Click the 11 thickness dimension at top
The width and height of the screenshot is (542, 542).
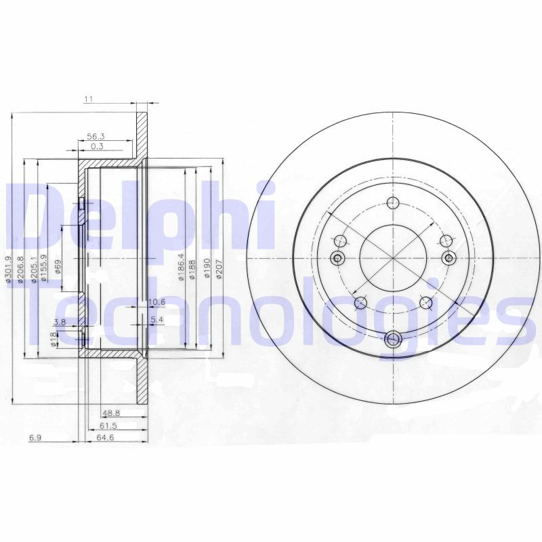coord(88,99)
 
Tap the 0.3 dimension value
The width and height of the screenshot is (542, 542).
coord(97,146)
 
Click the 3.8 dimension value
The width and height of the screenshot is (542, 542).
coord(60,322)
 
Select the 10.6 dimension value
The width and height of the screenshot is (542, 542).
coord(157,302)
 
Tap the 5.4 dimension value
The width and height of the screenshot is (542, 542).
coord(157,319)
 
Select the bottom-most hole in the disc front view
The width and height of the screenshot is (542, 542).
coord(393,340)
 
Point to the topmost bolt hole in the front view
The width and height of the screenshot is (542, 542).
coord(393,202)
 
